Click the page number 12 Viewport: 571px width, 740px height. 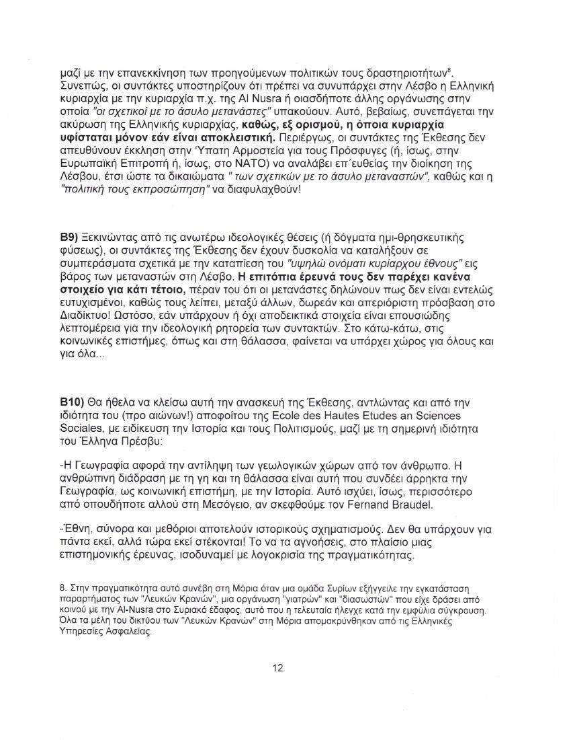point(277,668)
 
